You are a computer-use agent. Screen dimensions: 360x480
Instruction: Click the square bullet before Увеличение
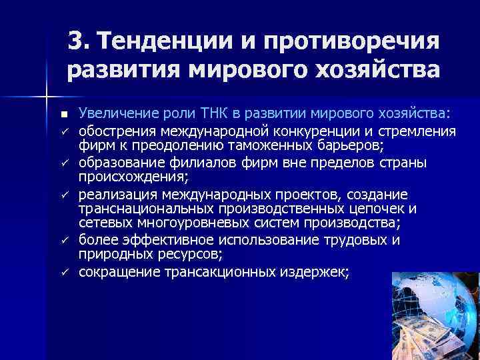tap(62, 113)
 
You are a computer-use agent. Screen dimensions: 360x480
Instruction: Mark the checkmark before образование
tap(62, 163)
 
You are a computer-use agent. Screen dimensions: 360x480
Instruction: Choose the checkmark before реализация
tap(62, 195)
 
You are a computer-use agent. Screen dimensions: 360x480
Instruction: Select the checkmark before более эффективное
tap(62, 241)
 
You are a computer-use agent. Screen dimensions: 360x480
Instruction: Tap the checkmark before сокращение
tap(62, 273)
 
